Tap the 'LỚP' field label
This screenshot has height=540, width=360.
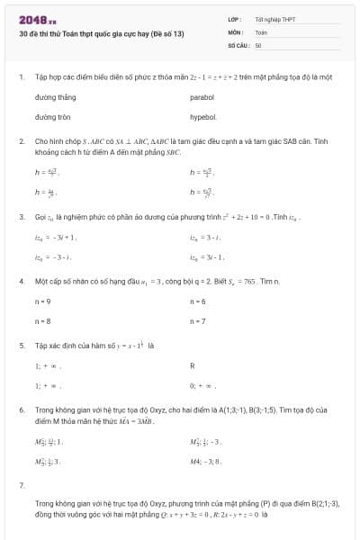click(x=234, y=19)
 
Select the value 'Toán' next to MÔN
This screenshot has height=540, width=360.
click(x=261, y=31)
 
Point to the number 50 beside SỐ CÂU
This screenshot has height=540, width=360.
click(x=258, y=44)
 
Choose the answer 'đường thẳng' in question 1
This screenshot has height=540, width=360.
click(x=55, y=96)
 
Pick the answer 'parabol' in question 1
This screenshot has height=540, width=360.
click(x=202, y=96)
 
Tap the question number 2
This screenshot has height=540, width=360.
click(x=21, y=141)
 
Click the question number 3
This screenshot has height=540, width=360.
click(x=21, y=217)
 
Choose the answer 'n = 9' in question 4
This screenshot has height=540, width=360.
click(x=42, y=301)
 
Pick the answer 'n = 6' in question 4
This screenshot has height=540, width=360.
click(x=198, y=301)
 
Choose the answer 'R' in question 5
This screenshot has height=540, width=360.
click(x=193, y=366)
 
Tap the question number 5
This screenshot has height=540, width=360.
click(x=21, y=345)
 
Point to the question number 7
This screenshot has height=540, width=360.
click(x=21, y=485)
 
